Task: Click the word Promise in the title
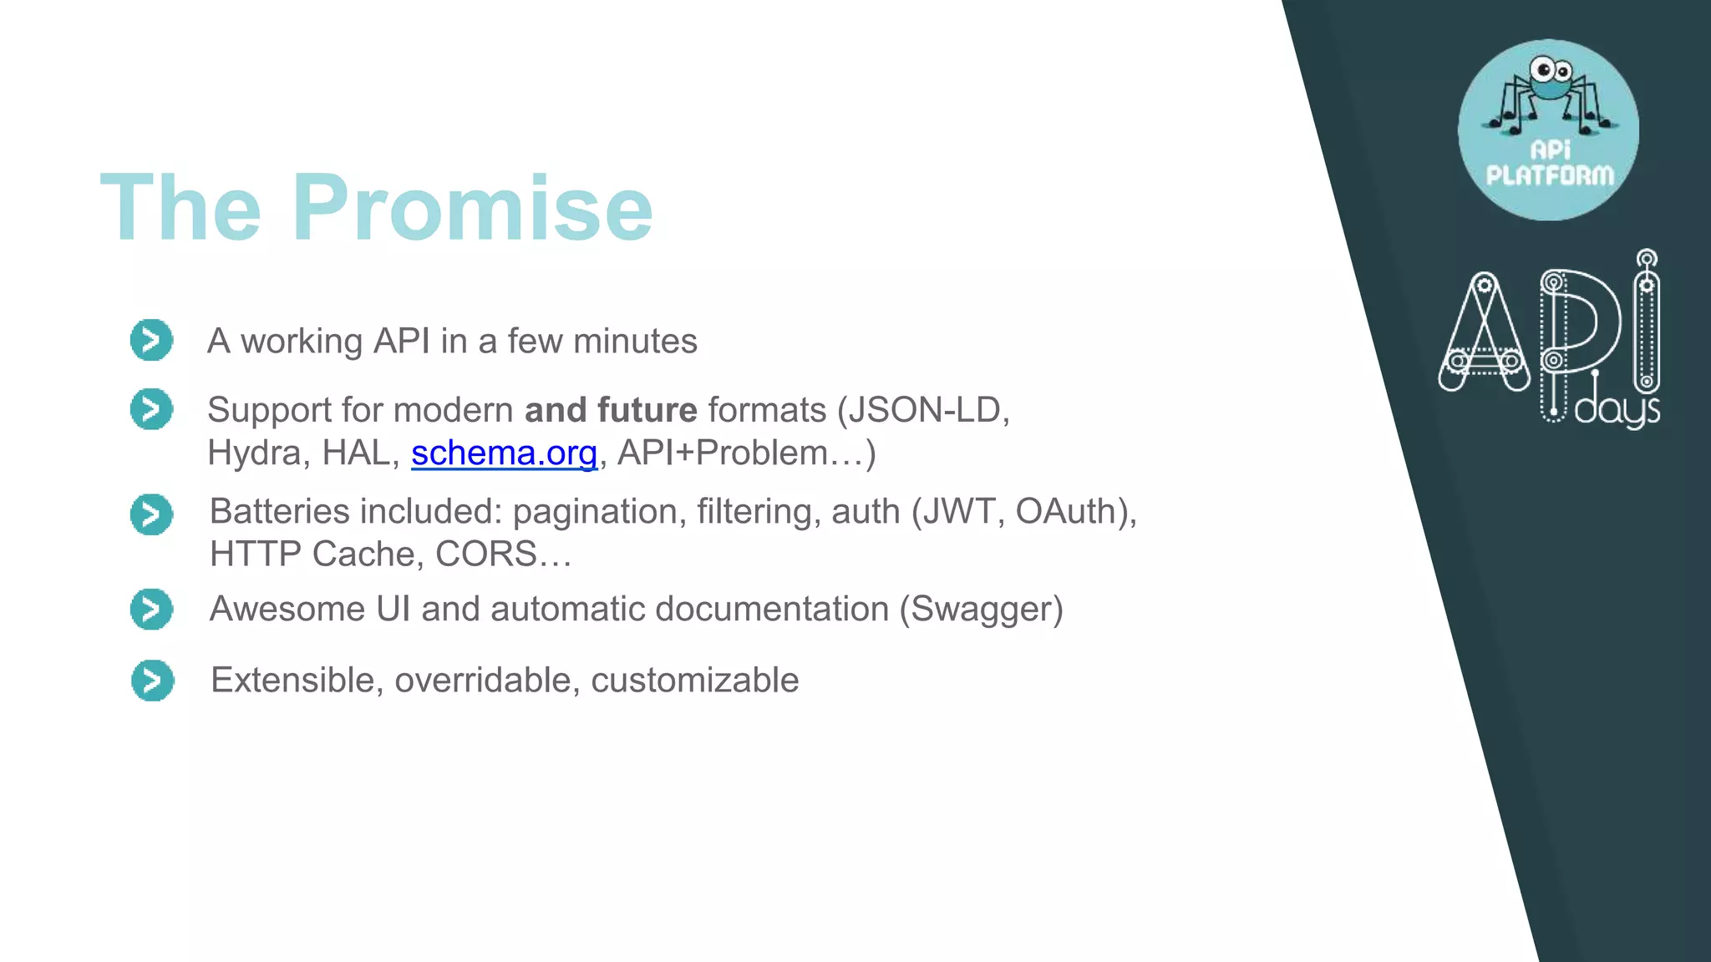click(x=472, y=208)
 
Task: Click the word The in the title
click(x=180, y=208)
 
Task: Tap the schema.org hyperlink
click(x=504, y=453)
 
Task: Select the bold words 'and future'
click(x=611, y=410)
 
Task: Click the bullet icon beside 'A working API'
click(x=151, y=340)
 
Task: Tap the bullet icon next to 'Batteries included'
click(x=151, y=514)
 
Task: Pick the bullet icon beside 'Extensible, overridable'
click(x=152, y=681)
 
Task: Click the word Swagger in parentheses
click(x=982, y=609)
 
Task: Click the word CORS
click(x=485, y=554)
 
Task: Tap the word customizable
click(x=694, y=681)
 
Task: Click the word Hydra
click(x=253, y=453)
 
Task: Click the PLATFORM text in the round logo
click(x=1550, y=175)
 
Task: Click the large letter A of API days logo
click(x=1484, y=334)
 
